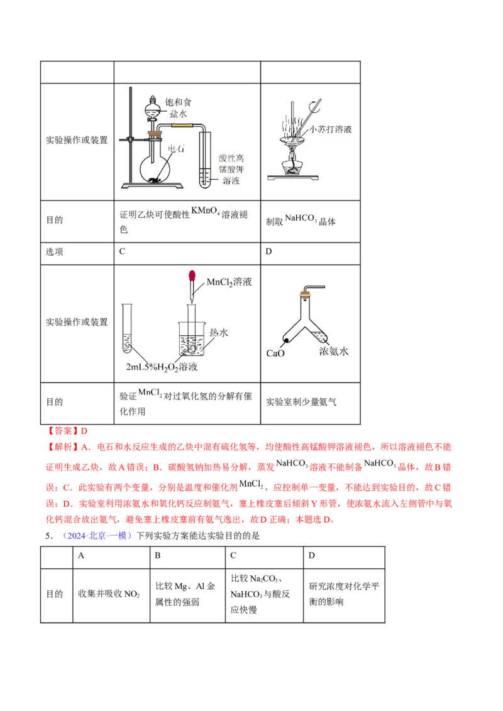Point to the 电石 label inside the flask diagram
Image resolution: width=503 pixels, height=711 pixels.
point(177,149)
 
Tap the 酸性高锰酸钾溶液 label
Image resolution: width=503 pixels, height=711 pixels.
point(226,168)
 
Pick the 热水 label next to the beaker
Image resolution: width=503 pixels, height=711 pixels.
point(218,332)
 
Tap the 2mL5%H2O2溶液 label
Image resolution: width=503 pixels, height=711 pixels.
point(162,367)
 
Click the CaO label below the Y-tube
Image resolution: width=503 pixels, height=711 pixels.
point(275,354)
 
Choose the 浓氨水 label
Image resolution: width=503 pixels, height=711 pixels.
point(333,352)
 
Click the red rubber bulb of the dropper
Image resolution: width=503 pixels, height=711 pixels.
point(193,276)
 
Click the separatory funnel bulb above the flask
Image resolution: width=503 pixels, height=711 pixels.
point(153,107)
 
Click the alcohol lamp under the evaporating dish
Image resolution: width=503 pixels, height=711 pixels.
point(290,165)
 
